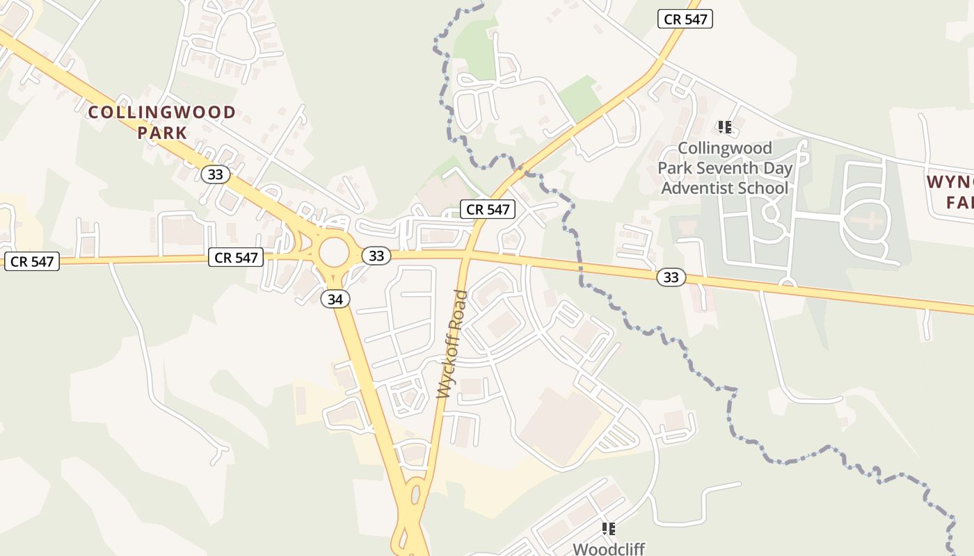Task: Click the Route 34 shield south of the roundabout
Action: (x=335, y=299)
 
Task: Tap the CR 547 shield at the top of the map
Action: (x=685, y=19)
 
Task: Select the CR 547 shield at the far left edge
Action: (x=32, y=262)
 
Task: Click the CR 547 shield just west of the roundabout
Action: (x=237, y=258)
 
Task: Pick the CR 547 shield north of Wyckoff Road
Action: (x=488, y=209)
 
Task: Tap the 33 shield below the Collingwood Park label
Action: (x=216, y=174)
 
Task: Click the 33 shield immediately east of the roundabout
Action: (x=376, y=256)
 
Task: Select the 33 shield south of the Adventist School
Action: (x=671, y=278)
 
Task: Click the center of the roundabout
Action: (x=334, y=252)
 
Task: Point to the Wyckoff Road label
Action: (x=453, y=344)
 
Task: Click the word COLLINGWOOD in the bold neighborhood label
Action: (x=162, y=113)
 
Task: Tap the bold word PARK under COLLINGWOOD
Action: (x=162, y=133)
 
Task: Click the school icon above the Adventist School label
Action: (x=725, y=127)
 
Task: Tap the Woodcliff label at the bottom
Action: (x=609, y=548)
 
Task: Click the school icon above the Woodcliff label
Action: (x=609, y=529)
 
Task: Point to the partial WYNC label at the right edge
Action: (x=950, y=183)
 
